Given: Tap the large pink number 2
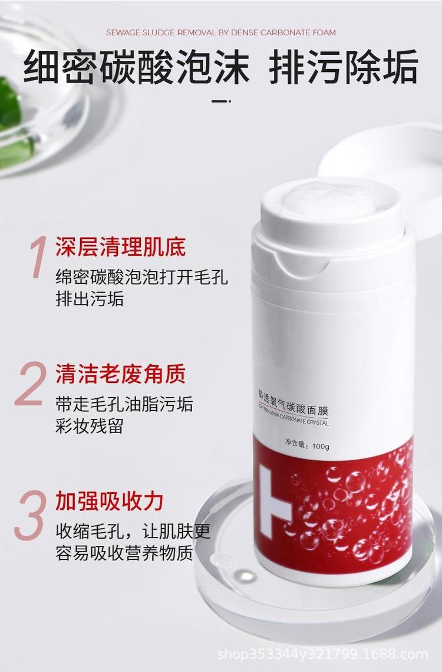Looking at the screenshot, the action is coord(31,383).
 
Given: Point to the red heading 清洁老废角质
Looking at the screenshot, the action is coord(120,373).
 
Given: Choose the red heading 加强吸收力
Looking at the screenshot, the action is coord(110,500).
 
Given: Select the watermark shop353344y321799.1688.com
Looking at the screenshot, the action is coord(322,654).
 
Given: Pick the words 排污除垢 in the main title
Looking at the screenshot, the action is coord(343,67).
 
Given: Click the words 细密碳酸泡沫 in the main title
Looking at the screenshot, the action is coord(136,67).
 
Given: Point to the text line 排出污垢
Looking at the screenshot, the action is coord(90,299).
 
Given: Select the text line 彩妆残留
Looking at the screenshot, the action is coord(90,425).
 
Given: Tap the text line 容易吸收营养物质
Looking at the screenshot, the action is coord(124,552).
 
